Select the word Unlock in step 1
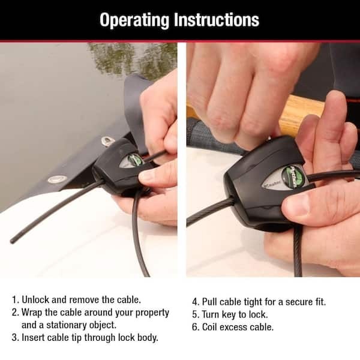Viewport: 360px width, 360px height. [x=38, y=298]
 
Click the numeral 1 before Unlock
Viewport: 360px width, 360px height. [x=15, y=298]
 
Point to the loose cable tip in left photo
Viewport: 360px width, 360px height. [x=13, y=240]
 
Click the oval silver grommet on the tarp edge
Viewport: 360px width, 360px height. [x=57, y=179]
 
